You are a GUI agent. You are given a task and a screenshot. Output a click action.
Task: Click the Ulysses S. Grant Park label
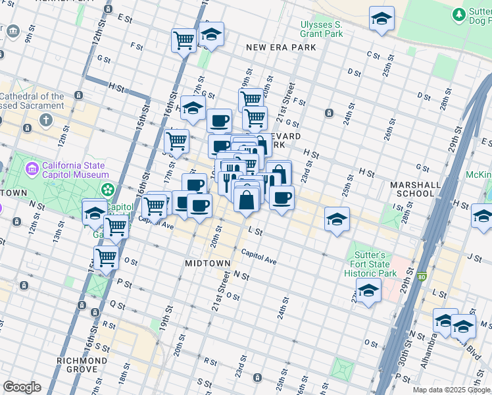[x=322, y=29]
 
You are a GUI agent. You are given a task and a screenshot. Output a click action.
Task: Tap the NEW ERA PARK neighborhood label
[x=281, y=47]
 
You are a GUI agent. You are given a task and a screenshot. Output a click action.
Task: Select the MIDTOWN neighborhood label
[x=207, y=263]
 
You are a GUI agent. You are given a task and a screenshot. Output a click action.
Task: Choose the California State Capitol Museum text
[x=75, y=170]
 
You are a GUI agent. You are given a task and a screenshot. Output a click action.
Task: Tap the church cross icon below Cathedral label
[x=45, y=120]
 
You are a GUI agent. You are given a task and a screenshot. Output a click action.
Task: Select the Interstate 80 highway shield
[x=421, y=277]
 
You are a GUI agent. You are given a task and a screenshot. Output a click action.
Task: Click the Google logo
[x=21, y=387]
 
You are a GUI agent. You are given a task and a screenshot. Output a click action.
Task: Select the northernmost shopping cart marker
[x=184, y=39]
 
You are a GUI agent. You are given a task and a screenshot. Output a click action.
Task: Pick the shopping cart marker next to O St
[x=106, y=258]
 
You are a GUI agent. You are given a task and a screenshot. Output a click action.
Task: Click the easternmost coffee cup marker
[x=282, y=197]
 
